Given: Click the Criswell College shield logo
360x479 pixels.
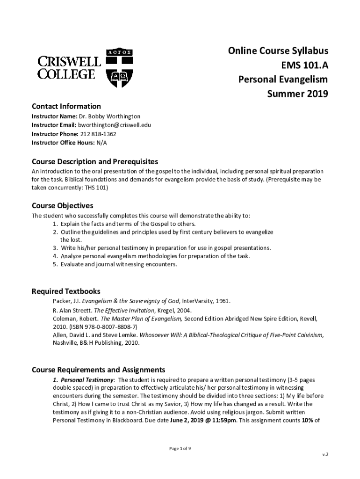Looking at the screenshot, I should click(120, 68).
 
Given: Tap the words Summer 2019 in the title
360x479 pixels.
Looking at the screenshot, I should click(297, 94).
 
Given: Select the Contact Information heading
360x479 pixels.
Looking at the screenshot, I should click(66, 106).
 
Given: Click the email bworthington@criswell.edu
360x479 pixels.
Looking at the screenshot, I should click(111, 125).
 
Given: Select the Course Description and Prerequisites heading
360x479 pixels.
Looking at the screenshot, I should click(94, 162).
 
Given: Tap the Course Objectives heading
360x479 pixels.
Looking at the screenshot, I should click(62, 206).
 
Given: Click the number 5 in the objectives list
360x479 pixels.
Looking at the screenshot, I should click(55, 264).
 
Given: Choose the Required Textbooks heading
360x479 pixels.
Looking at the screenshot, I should click(65, 291).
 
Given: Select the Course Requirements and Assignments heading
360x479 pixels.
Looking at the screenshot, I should click(98, 370).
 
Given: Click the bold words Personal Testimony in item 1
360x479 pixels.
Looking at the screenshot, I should click(87, 379).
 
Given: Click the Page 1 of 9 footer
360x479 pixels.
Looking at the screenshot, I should click(180, 449).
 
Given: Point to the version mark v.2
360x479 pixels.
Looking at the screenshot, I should click(325, 454).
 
